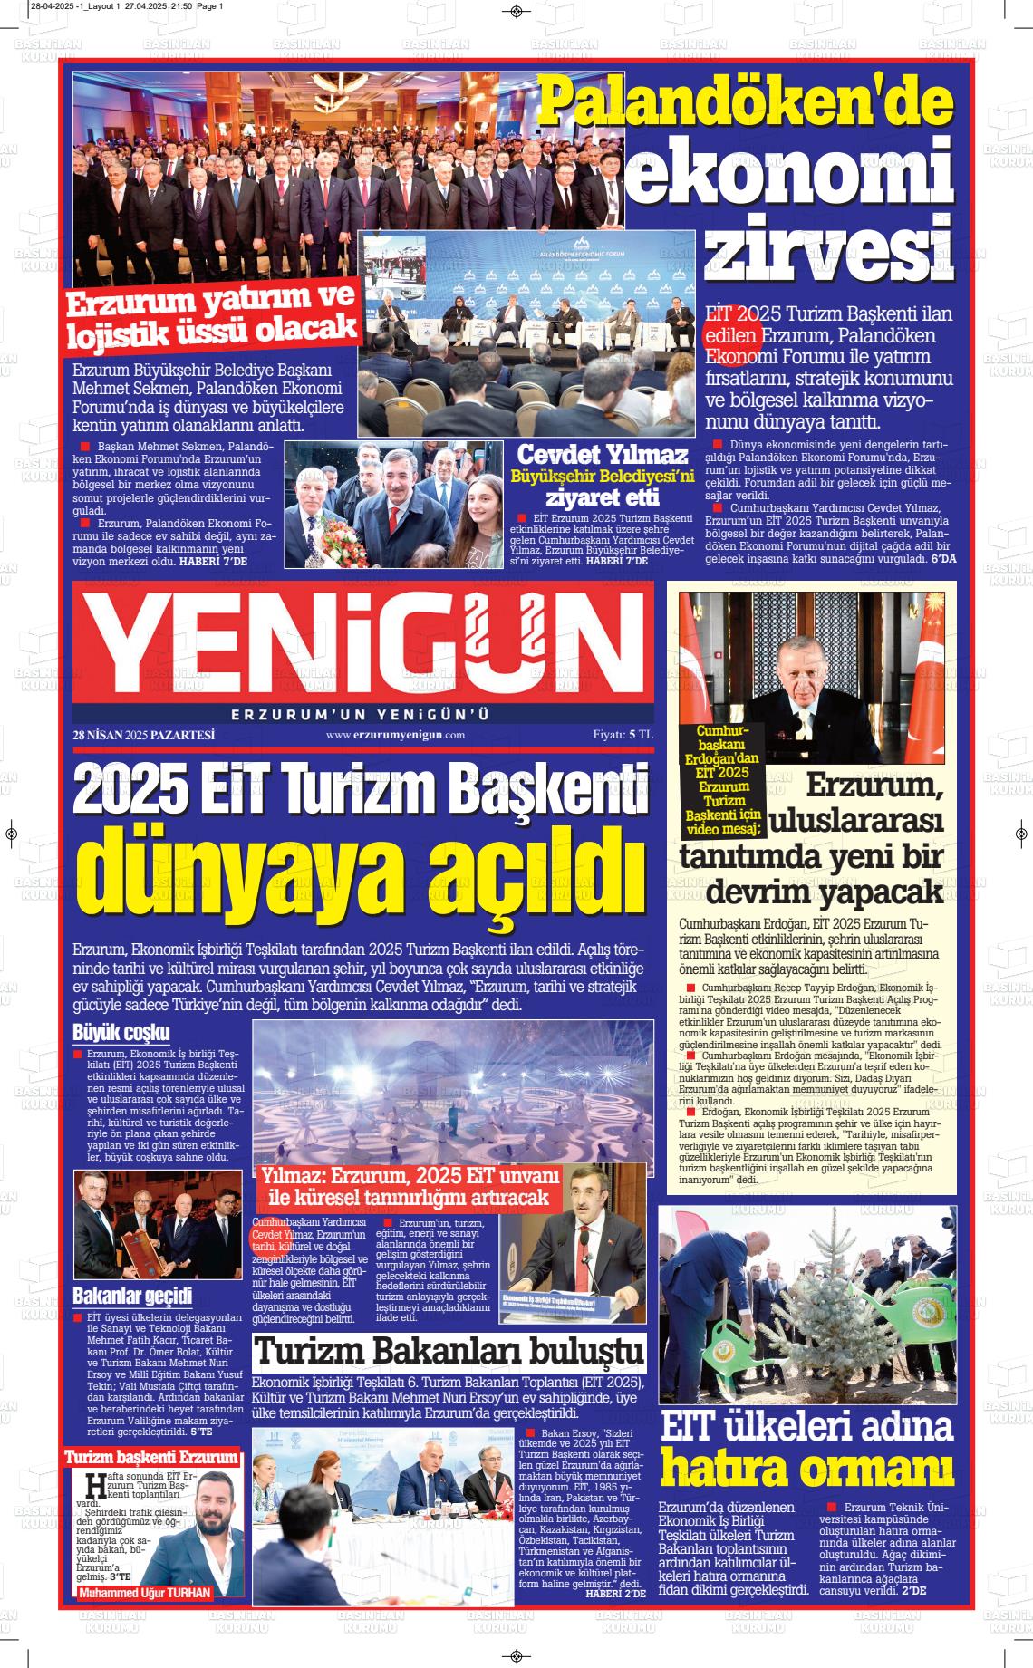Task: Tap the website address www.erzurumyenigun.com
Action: [x=395, y=735]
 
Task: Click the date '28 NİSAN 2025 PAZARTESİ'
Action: [x=143, y=735]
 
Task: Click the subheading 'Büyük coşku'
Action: [x=121, y=1032]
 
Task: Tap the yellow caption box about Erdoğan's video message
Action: [x=722, y=778]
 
